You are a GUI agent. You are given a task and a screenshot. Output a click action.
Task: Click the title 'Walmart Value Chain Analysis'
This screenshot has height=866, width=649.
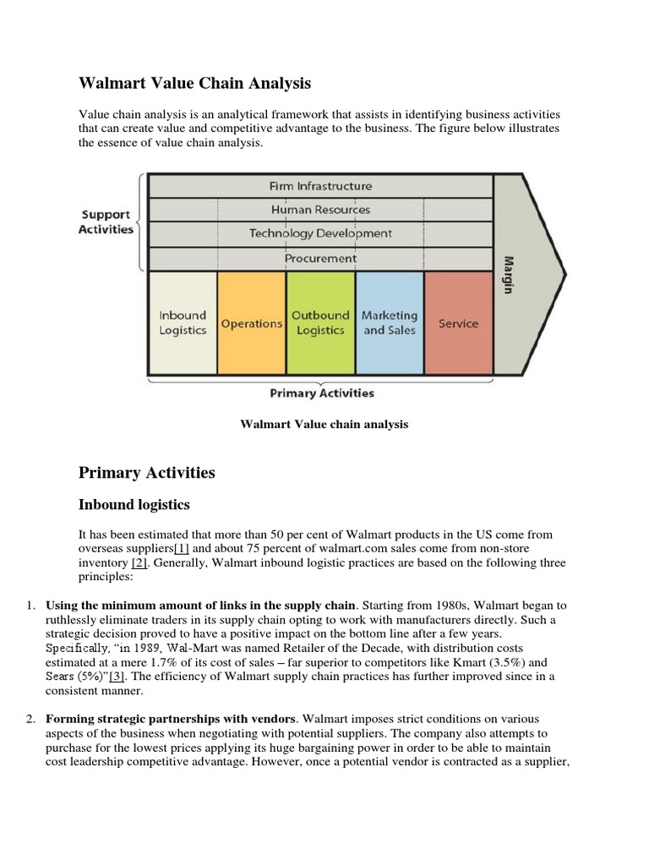coord(194,83)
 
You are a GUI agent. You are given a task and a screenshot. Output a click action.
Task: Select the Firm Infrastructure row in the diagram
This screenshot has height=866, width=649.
coord(320,185)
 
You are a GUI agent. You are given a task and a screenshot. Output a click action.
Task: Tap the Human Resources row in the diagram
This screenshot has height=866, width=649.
coord(320,209)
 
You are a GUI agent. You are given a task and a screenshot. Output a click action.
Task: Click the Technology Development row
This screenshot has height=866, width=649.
coord(320,233)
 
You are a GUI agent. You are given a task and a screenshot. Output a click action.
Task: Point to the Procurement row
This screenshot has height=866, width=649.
coord(320,258)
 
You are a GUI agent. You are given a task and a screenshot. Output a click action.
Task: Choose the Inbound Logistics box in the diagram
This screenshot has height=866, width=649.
coord(183,322)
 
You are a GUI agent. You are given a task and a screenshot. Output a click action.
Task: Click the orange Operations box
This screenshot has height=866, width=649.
coord(251,323)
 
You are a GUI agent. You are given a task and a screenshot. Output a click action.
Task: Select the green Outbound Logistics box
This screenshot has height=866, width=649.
coord(320,322)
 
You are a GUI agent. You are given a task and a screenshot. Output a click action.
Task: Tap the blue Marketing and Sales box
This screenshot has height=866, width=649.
coord(390,322)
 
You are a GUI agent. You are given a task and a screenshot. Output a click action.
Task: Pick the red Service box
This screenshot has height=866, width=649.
coord(458,323)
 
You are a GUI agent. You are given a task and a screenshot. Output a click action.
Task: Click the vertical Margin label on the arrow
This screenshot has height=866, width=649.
coord(509,274)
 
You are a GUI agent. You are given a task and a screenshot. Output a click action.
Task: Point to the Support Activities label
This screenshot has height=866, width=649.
coord(106,222)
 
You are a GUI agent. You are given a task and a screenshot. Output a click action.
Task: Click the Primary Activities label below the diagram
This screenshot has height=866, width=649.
coord(321,392)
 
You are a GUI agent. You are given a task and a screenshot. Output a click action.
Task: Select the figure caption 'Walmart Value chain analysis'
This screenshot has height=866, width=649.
coord(324,425)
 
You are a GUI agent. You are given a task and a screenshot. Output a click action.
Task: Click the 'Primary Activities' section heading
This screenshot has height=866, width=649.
coord(146,473)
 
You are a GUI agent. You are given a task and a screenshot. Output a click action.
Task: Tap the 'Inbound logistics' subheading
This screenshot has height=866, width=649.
coord(134,505)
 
